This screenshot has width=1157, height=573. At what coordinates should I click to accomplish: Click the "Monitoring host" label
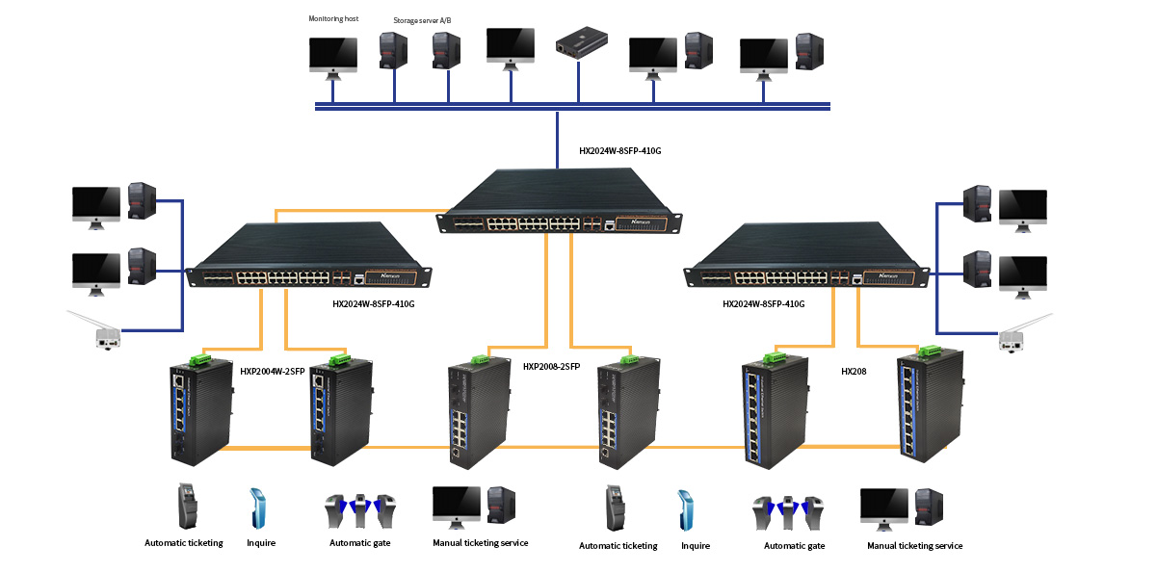click(332, 18)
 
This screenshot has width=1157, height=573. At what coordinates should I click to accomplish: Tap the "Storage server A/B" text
click(422, 20)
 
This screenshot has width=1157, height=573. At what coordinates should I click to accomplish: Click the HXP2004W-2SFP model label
click(273, 370)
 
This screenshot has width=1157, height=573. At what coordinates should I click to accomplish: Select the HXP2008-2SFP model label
click(551, 367)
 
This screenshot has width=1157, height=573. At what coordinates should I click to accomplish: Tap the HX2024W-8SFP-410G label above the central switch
click(620, 151)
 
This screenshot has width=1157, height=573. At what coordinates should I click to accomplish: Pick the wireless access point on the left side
click(100, 330)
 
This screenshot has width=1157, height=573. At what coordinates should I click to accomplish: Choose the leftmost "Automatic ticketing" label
click(184, 543)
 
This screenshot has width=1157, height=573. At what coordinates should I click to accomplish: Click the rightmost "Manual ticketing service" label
click(914, 546)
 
